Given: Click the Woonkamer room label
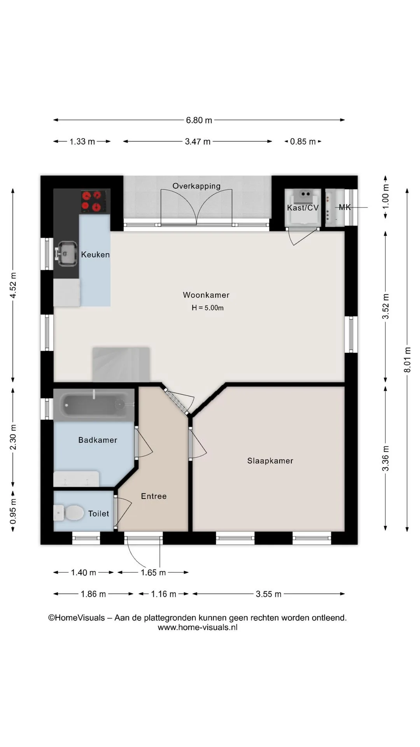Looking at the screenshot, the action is [206, 295].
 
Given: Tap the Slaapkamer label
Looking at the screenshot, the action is [270, 461].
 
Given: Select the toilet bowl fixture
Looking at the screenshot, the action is [69, 513].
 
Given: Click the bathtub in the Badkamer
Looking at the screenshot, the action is [94, 405].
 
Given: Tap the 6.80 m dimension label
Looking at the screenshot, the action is [199, 120].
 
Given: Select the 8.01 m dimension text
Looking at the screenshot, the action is [407, 360].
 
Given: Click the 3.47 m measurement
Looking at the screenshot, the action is [198, 142].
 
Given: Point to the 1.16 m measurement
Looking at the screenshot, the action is [164, 594].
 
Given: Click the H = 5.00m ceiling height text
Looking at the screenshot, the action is [208, 308].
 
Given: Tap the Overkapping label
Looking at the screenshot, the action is [196, 186].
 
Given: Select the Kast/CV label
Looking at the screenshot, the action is [303, 208].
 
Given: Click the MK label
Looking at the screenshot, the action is [345, 207].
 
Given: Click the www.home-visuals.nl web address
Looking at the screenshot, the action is [198, 627].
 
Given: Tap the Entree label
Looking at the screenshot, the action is [154, 496].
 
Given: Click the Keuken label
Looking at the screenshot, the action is [95, 254].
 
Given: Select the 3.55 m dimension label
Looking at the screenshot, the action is [269, 594].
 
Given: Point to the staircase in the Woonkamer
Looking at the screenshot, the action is [121, 364].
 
